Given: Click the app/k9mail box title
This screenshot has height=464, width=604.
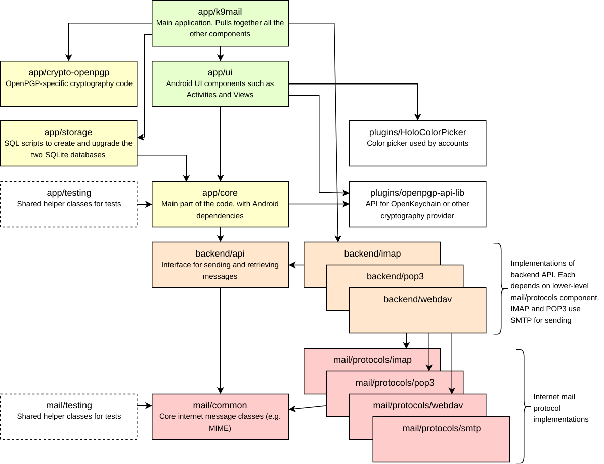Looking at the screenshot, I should point(220,11).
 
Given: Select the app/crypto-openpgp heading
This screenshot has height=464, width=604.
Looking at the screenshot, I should point(69,72).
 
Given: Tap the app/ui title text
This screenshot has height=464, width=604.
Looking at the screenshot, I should point(220,72).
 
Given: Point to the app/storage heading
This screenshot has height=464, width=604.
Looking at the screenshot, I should point(69,132).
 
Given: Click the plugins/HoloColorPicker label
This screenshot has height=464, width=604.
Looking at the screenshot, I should point(417,132).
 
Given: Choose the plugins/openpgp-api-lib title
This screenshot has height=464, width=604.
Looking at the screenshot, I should point(417,193).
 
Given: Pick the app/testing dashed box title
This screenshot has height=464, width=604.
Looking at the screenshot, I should point(69,193).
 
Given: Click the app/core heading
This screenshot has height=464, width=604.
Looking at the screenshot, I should point(220,193).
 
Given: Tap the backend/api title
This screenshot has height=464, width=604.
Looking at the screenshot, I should point(220,254).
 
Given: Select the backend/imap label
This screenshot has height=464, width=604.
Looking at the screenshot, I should point(372,254).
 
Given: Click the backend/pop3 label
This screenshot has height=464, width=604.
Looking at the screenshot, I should point(395,276).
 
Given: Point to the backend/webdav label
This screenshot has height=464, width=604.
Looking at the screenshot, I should point(417,299).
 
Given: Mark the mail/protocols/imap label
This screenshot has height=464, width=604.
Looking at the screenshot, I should point(372,360).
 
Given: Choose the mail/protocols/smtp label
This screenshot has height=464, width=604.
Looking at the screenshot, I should point(441,429).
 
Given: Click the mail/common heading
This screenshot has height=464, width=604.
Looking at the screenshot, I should point(220,405).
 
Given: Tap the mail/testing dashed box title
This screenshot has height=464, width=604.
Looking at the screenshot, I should point(69,405).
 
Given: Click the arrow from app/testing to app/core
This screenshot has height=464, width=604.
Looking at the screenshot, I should point(145,204).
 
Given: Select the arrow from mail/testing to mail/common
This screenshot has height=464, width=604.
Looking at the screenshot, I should point(145,405).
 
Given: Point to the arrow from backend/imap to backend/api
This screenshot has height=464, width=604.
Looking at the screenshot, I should point(296,265).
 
